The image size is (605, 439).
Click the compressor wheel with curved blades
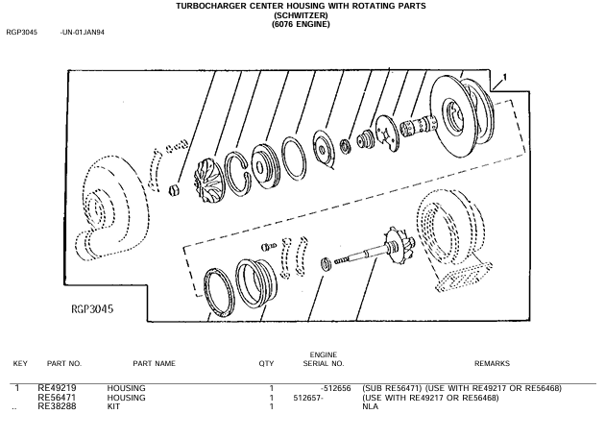coord(208,182)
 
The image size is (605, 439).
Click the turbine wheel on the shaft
coord(399,244)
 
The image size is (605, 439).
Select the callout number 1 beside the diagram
coord(504,78)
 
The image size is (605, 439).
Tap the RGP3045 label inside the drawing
coord(92,309)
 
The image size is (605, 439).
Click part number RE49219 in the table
coord(57,388)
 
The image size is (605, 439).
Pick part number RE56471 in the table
coord(57,398)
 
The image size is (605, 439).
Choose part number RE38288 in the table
coord(57,406)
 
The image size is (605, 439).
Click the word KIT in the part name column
coord(113,406)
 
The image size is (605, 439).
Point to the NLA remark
coord(370,406)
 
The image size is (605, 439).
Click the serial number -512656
coord(336,388)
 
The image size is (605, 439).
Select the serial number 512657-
coord(308,398)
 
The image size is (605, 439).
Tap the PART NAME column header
coord(154,363)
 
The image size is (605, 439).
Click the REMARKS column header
coord(492,363)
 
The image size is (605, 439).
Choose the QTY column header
coord(266,363)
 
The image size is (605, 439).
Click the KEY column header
coord(20,363)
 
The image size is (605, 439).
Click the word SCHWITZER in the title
coord(301,15)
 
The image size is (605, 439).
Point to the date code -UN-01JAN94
coord(83,33)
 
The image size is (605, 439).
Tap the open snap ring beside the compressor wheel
coord(236,173)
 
